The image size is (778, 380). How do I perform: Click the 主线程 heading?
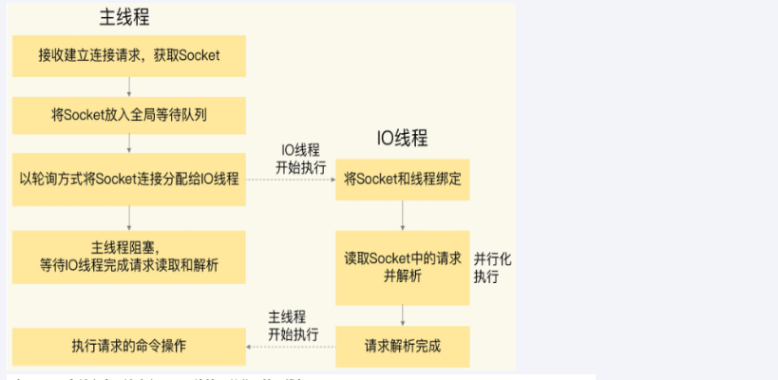(x=124, y=18)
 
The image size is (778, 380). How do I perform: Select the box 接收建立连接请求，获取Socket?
(x=129, y=56)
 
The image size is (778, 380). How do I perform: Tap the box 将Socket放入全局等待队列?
(x=129, y=116)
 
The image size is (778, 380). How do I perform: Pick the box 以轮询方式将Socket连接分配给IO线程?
(x=129, y=179)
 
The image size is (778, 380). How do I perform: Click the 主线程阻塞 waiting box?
(x=129, y=256)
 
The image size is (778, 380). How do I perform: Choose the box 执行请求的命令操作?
(x=129, y=345)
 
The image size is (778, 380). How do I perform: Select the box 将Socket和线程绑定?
(x=403, y=179)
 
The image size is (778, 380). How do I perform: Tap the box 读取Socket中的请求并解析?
(x=403, y=267)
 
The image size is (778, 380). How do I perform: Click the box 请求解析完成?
(x=403, y=345)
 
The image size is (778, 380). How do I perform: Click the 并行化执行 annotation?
(x=493, y=269)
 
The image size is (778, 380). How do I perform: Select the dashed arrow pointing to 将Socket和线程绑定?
(x=291, y=180)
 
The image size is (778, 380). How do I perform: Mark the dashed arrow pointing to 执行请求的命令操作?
(x=291, y=346)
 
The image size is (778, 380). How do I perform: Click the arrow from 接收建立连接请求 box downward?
(x=129, y=86)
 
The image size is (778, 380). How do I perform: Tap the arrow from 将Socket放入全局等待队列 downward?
(x=129, y=143)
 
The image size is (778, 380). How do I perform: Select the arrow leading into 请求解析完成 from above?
(x=403, y=315)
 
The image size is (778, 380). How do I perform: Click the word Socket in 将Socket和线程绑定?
(x=378, y=179)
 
